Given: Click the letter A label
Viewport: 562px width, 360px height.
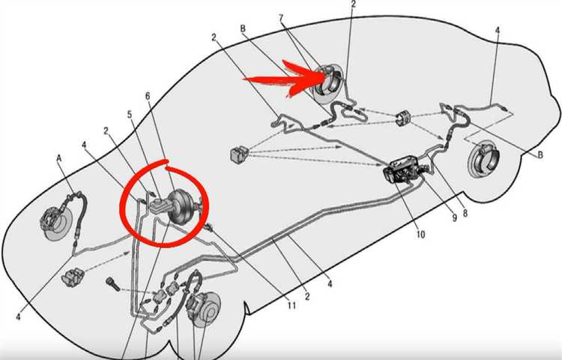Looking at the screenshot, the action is click(x=59, y=158).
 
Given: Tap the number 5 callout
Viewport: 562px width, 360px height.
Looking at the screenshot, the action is click(x=130, y=115).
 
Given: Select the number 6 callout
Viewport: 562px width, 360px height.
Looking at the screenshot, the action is click(x=148, y=96).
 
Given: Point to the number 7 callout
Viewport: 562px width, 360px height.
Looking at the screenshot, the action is click(x=281, y=18).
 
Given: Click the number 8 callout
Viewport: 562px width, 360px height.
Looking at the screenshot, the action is click(x=465, y=214).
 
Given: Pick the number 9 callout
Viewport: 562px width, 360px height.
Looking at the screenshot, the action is click(x=454, y=217).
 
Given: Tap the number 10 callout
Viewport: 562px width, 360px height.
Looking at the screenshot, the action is click(x=420, y=235).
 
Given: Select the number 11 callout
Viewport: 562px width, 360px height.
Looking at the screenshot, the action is click(x=291, y=305).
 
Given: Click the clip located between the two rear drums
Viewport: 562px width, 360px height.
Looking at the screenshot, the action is click(x=404, y=118).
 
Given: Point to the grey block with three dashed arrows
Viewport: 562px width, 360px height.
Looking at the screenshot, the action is click(x=238, y=154).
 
